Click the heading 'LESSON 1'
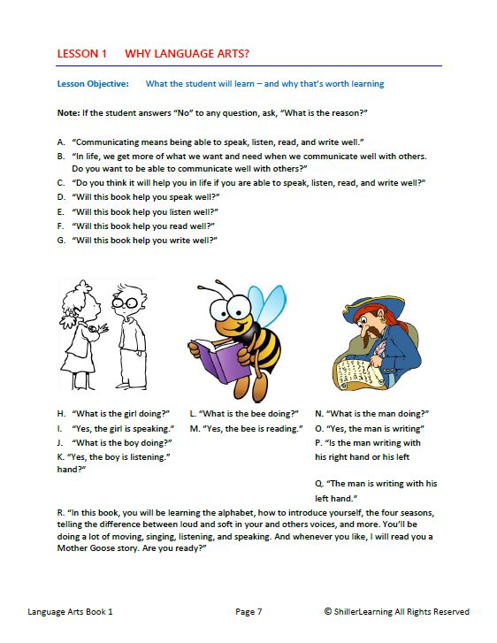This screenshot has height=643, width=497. (81, 54)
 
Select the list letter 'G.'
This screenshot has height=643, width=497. (61, 240)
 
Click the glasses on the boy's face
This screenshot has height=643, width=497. (126, 306)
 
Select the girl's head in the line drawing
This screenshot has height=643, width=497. (79, 306)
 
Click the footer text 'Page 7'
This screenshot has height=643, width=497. (248, 611)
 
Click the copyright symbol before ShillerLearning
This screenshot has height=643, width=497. (328, 611)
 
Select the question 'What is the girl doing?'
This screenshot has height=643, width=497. (119, 413)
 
